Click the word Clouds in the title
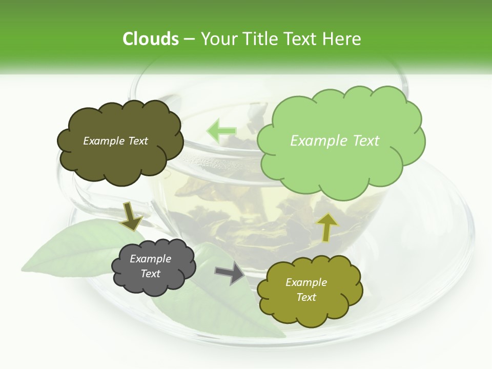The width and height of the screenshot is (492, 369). click(151, 38)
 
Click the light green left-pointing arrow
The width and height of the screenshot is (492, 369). click(221, 131)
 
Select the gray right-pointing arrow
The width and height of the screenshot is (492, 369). click(229, 274)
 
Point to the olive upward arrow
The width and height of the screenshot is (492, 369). click(326, 227)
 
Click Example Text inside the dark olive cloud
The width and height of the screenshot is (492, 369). click(115, 141)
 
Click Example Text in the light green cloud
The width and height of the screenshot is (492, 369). click(335, 141)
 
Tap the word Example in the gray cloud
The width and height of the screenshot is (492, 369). click(150, 259)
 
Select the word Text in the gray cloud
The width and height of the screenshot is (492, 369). click(150, 274)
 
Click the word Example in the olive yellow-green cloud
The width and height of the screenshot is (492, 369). click(306, 282)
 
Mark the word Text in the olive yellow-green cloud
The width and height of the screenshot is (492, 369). click(306, 297)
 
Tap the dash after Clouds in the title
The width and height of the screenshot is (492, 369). click(189, 39)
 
